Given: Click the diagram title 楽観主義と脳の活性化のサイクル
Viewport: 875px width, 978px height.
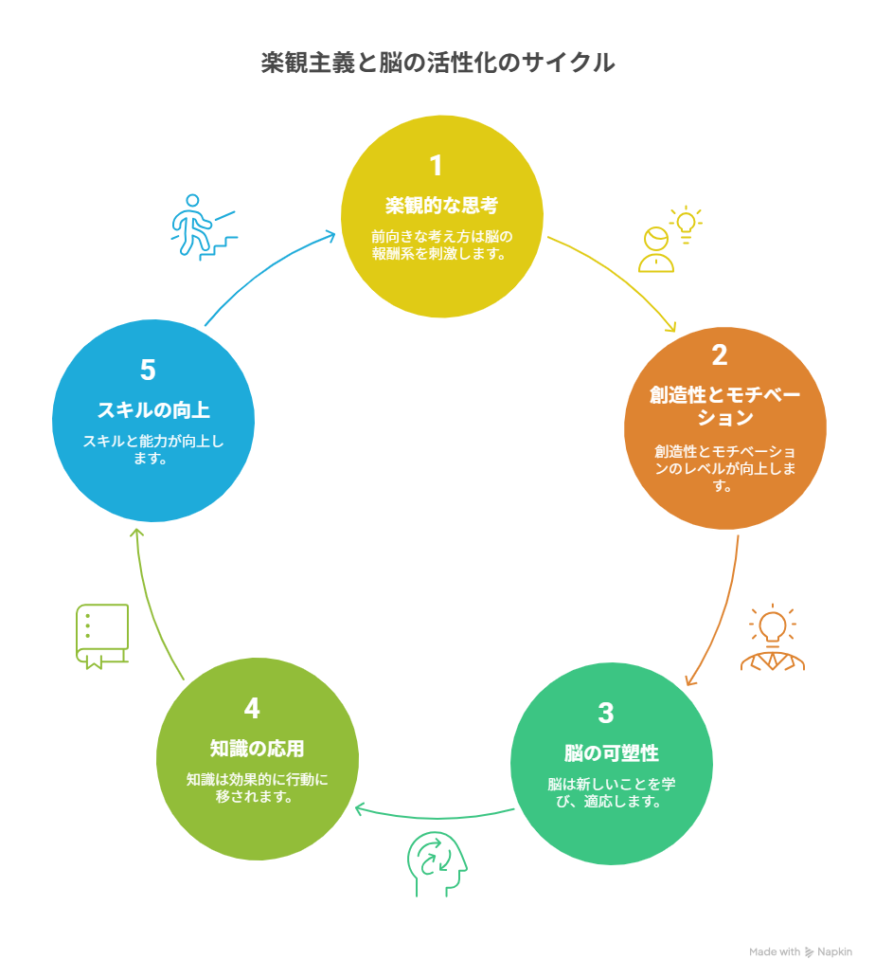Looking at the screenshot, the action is (437, 63).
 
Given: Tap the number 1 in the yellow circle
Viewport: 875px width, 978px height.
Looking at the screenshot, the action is (437, 166).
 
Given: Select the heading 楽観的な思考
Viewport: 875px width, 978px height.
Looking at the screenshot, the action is (441, 206).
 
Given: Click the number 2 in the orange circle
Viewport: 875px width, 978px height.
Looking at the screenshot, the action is (719, 354).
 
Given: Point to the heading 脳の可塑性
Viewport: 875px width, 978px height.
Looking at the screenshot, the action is (612, 752).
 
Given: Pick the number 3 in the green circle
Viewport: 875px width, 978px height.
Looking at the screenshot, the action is (606, 713).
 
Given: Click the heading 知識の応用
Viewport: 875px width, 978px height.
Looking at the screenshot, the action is (257, 748).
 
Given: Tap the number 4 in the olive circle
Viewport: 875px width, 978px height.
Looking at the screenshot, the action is (252, 708).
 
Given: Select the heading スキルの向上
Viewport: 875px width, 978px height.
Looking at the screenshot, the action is (153, 409).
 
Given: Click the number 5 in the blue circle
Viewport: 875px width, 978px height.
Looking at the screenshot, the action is (148, 370).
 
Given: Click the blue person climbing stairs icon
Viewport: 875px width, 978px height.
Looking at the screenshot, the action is (204, 227).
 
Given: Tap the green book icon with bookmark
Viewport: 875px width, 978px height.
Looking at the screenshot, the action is (102, 636).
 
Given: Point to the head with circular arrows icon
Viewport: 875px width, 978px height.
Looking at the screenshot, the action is (437, 864).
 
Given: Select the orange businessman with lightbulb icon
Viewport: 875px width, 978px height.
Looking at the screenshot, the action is (772, 637).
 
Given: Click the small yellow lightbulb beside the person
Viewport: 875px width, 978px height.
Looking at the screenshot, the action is (686, 224).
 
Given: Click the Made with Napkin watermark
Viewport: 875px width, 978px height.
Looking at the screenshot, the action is (800, 951).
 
